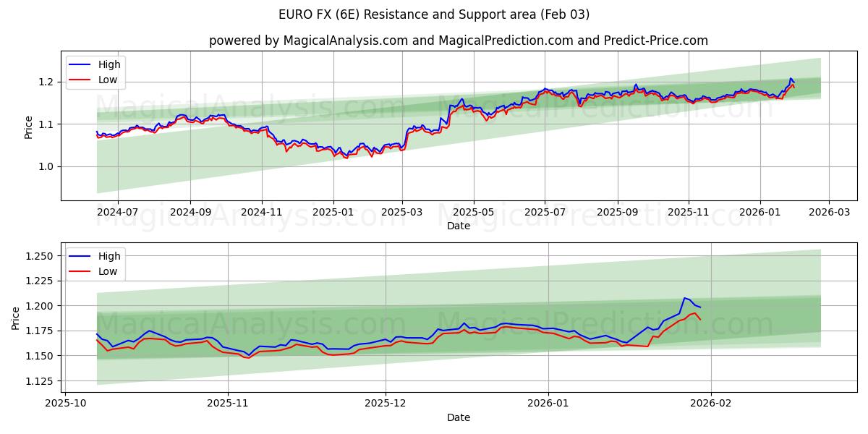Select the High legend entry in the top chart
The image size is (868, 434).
click(x=109, y=64)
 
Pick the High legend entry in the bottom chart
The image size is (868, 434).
click(x=109, y=256)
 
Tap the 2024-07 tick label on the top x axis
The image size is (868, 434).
click(x=117, y=213)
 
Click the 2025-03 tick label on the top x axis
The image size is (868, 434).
click(x=402, y=213)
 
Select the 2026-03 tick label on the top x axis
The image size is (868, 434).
click(x=829, y=213)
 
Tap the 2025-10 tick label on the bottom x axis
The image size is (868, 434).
click(x=66, y=404)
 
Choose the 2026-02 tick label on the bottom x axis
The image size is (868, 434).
click(x=711, y=404)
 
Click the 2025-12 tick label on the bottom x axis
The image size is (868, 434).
click(x=386, y=404)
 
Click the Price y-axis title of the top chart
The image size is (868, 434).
click(x=28, y=127)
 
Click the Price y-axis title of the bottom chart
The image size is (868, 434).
click(x=16, y=318)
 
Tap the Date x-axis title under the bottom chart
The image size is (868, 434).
click(x=458, y=417)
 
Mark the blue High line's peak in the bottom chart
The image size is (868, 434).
click(x=684, y=298)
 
